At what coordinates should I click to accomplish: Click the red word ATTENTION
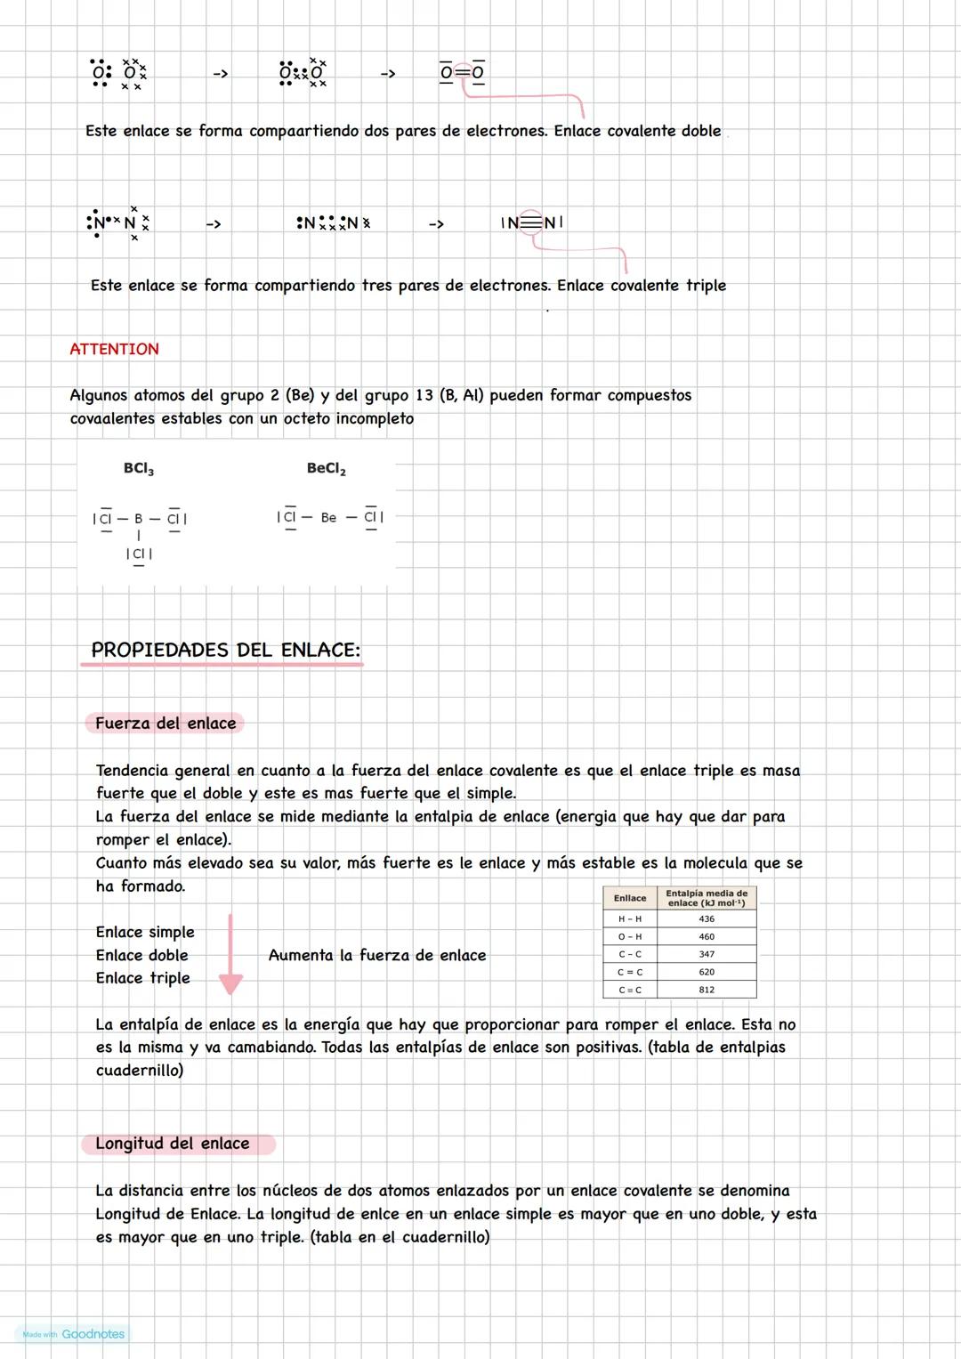point(114,349)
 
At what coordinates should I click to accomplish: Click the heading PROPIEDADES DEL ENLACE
point(225,651)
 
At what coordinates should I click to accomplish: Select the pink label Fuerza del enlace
point(166,724)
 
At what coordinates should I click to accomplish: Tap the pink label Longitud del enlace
point(173,1144)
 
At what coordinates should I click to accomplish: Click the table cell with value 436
point(707,918)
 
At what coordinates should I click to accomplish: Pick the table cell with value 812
point(707,990)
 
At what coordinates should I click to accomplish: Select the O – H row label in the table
point(629,936)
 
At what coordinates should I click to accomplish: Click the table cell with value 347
point(707,954)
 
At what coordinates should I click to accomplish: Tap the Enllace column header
point(629,898)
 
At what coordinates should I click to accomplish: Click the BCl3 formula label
point(139,469)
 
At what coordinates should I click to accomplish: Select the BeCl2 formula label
point(326,469)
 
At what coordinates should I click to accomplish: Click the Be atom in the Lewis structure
point(328,517)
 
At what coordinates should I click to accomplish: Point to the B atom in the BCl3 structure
point(138,518)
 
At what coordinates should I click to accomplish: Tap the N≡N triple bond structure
point(531,222)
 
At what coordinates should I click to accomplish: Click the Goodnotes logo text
point(93,1334)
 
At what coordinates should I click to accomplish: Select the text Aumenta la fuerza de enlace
point(377,955)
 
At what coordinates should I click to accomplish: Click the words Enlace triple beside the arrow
point(143,978)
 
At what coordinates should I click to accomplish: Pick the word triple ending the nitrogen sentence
point(706,286)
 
